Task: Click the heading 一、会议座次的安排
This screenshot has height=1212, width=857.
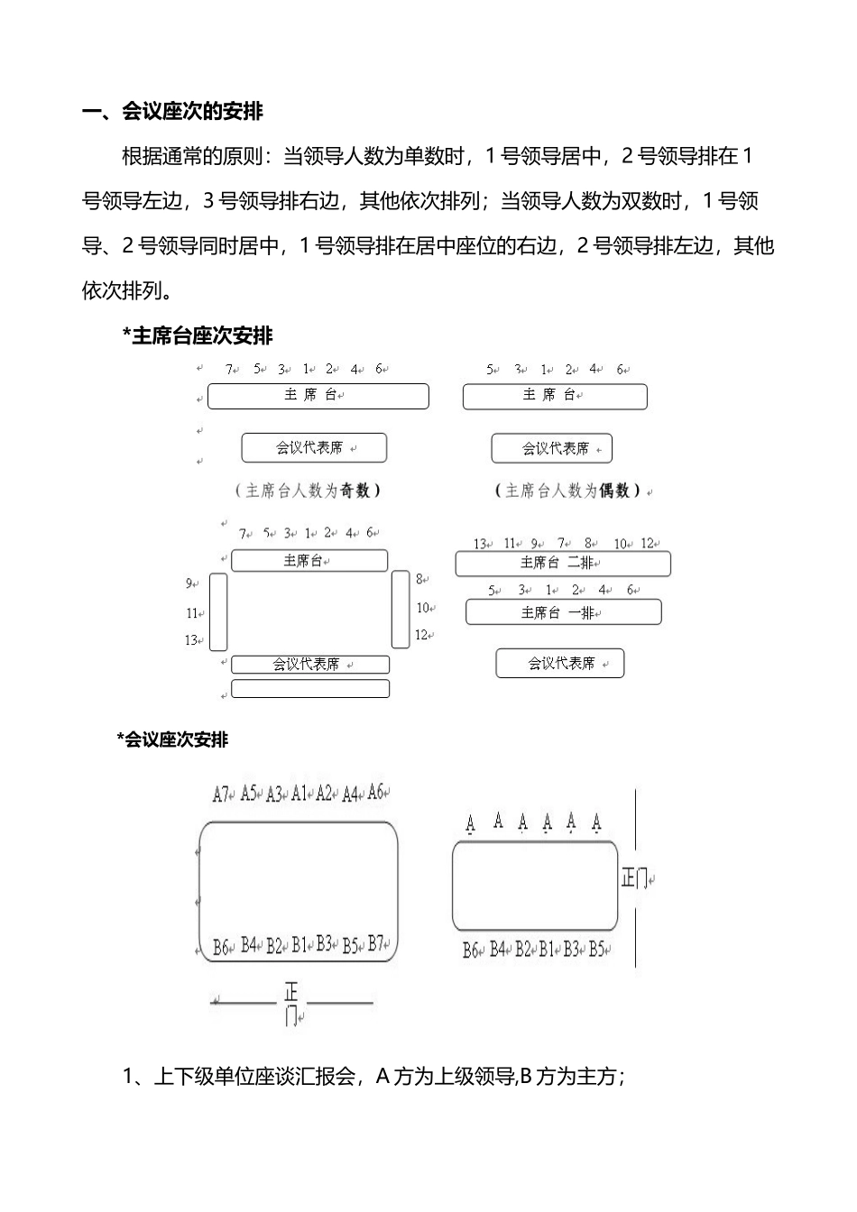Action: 172,112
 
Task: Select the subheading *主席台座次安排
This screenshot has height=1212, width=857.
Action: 197,336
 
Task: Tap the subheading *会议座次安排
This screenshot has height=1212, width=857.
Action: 172,739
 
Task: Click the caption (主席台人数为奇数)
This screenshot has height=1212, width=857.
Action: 308,491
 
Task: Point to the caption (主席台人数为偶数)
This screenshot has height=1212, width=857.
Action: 568,491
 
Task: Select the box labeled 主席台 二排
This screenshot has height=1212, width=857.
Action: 563,564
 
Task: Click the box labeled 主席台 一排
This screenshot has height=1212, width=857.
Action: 563,612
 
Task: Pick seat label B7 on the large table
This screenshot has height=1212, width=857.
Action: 377,944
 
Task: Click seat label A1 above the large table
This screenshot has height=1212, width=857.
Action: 300,794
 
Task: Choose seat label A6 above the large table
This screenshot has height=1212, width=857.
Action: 376,792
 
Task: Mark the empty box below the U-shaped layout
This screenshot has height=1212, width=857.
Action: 310,689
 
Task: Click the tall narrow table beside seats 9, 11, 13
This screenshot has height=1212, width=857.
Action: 218,611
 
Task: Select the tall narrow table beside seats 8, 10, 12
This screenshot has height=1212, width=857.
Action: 401,609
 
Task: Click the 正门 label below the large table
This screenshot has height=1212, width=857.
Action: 291,1004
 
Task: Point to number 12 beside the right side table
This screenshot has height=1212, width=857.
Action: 421,635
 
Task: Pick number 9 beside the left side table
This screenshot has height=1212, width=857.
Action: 189,583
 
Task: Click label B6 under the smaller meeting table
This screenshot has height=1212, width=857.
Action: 470,950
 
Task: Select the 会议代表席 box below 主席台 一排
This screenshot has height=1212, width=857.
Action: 560,664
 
